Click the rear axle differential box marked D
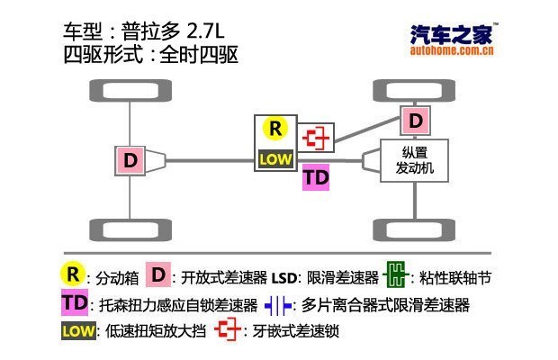[x=131, y=161]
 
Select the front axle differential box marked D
[x=415, y=120]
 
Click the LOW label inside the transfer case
[x=275, y=158]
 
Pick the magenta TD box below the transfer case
[x=316, y=177]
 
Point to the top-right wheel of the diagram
[x=413, y=92]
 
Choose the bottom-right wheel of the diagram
[x=413, y=229]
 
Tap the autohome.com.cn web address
[x=451, y=52]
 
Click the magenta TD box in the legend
[x=73, y=302]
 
